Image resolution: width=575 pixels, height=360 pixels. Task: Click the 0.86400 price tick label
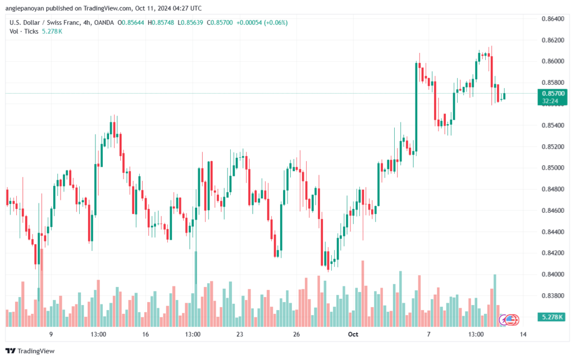(x=553, y=19)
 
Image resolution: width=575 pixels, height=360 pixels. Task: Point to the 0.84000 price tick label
(x=553, y=274)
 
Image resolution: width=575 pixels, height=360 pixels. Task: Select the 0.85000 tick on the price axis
(x=553, y=168)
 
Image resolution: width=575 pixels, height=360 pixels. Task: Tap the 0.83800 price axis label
(x=553, y=295)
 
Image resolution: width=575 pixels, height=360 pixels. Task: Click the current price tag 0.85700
(x=553, y=93)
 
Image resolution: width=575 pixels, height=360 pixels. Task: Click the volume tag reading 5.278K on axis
(x=552, y=317)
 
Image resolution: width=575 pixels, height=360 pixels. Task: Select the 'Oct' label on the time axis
(x=353, y=334)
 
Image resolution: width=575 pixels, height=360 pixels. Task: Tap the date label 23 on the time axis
(x=240, y=334)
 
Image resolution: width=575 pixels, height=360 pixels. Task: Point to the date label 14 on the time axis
(x=523, y=334)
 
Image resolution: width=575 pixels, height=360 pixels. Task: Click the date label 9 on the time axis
(x=51, y=334)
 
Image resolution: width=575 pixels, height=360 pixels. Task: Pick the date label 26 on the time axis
(x=296, y=334)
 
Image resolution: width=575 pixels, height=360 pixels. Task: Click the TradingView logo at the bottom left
(x=30, y=351)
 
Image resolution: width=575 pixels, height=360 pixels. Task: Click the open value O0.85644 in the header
(x=130, y=22)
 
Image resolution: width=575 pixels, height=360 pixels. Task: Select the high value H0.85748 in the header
(x=161, y=22)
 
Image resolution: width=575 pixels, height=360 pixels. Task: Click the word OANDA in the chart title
(x=104, y=22)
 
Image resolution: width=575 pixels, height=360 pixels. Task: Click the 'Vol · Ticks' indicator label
(x=24, y=31)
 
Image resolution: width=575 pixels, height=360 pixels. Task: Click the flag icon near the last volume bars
(x=510, y=320)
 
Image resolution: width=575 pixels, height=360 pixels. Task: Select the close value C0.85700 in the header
(x=220, y=22)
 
